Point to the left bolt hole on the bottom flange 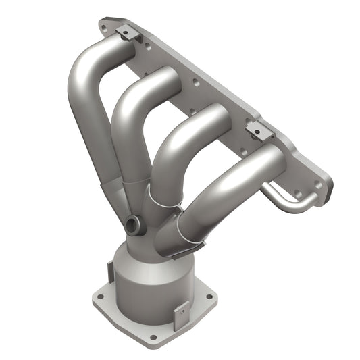click(x=99, y=295)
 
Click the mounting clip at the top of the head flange click(x=126, y=32)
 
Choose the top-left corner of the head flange click(x=103, y=24)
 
